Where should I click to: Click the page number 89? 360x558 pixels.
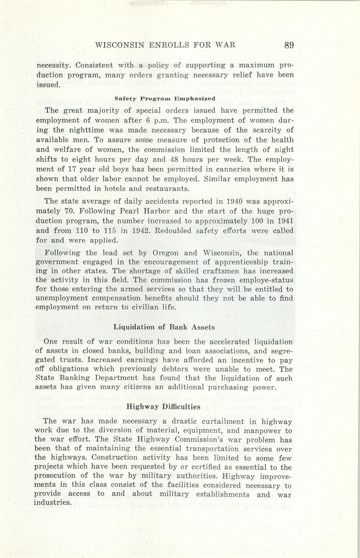coord(288,45)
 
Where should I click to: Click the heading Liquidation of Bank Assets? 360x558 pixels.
coord(164,327)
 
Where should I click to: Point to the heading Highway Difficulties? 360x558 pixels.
coord(163,407)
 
